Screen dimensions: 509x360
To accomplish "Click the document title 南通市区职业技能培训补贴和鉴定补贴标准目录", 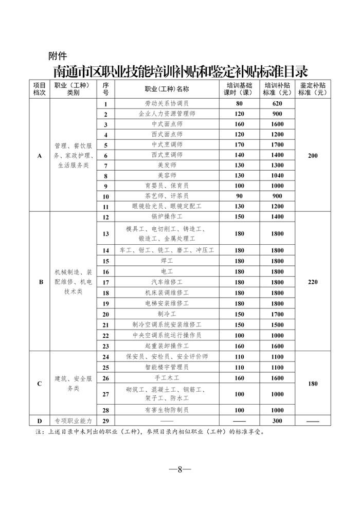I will (180, 69).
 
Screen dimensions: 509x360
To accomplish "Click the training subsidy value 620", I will (277, 104).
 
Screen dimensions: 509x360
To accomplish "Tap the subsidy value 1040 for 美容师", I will (277, 175).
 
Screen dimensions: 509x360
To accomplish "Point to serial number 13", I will (106, 233).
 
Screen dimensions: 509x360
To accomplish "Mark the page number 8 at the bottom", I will (180, 469).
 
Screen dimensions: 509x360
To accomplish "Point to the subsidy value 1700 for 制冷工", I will (277, 314).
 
